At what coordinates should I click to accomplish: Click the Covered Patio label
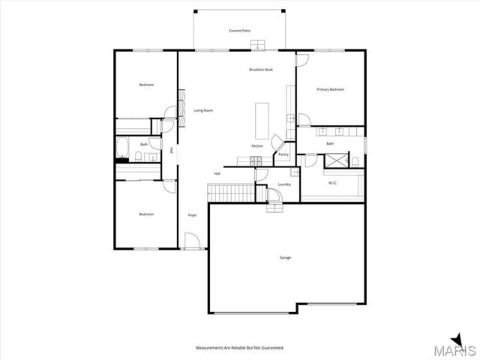tap(239, 31)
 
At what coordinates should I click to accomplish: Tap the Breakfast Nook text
tap(261, 70)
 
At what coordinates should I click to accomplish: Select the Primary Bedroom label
tap(330, 89)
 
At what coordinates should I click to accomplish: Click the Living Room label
tap(203, 110)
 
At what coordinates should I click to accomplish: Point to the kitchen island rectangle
tap(262, 117)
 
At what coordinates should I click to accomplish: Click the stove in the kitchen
tap(255, 160)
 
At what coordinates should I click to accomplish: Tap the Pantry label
tap(283, 154)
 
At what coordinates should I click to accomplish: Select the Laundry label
tap(284, 184)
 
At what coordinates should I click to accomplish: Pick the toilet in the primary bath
tap(356, 162)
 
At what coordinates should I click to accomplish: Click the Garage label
tap(285, 257)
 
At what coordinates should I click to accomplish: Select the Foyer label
tap(192, 215)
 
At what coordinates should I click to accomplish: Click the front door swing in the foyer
tap(193, 241)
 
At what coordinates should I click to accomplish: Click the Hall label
tap(217, 173)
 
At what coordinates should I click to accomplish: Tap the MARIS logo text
tap(457, 349)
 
